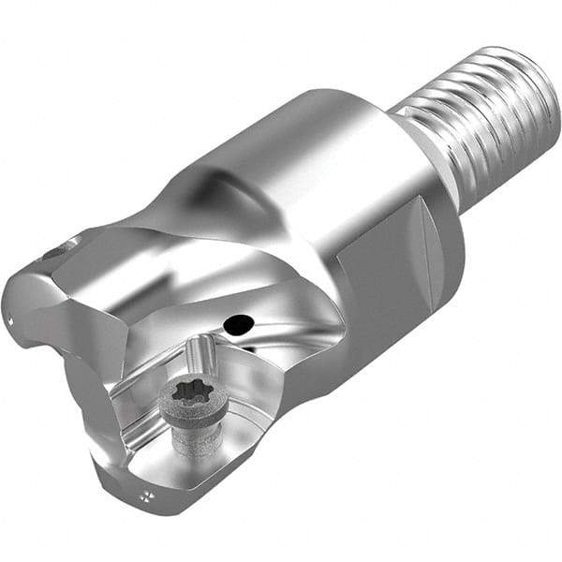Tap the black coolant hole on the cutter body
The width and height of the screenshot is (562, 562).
239,325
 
